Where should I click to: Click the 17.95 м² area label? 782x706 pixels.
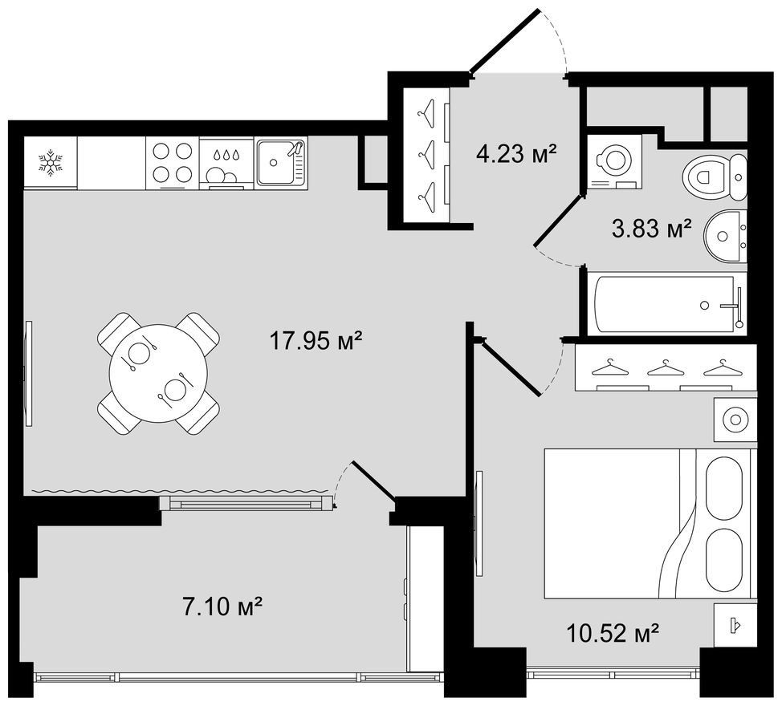click(316, 341)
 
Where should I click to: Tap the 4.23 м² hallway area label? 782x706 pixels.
click(516, 154)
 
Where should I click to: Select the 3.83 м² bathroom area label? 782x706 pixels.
click(652, 229)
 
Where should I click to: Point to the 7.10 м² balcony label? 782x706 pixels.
click(223, 607)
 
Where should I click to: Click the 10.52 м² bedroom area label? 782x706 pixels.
click(613, 633)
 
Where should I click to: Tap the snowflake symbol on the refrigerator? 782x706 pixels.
click(51, 162)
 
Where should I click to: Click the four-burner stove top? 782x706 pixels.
click(173, 162)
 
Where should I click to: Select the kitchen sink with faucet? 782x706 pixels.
click(281, 161)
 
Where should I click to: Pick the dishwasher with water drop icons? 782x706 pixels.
click(226, 164)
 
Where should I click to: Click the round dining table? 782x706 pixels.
click(158, 373)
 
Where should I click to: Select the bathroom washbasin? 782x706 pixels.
click(726, 235)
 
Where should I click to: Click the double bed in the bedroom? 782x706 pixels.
click(647, 523)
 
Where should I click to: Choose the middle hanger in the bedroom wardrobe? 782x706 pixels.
click(664, 369)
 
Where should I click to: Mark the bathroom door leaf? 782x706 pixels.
click(558, 220)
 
